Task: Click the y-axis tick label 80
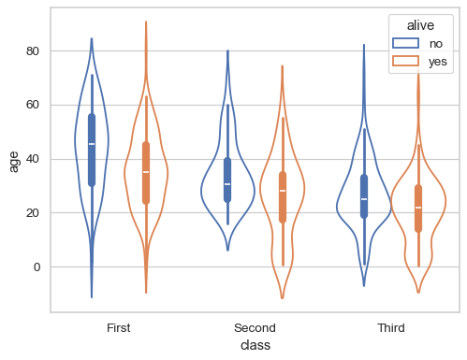(34, 50)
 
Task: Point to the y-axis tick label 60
(34, 105)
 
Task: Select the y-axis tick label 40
(34, 159)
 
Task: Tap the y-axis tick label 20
(34, 213)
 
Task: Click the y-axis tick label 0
(37, 267)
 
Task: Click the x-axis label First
(119, 328)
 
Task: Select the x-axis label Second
(255, 328)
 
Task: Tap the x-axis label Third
(391, 328)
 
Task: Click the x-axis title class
(255, 345)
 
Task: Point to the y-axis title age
(14, 161)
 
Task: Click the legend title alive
(420, 26)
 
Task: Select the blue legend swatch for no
(404, 43)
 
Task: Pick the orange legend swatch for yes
(404, 61)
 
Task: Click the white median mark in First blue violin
(92, 144)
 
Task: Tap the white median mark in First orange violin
(146, 172)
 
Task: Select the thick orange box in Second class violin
(283, 196)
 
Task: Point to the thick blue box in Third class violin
(364, 196)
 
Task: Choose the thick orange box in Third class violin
(418, 209)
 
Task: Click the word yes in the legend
(437, 61)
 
